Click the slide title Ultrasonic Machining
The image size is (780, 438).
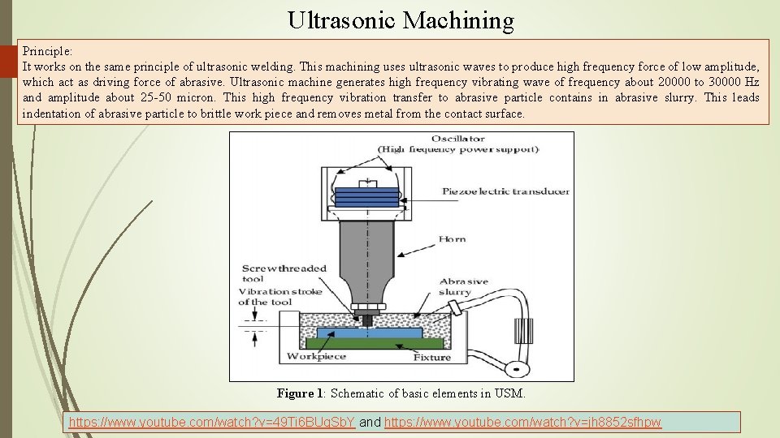pos(401,20)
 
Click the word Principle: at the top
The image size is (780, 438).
pos(48,50)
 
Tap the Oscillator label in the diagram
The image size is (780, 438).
pos(457,139)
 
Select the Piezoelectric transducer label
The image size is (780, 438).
pos(505,191)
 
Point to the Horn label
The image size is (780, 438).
pos(452,238)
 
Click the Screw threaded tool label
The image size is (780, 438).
pos(284,273)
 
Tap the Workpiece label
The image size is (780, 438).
pos(316,356)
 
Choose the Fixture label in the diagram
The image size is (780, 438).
pos(432,356)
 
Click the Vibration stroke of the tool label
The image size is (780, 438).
pos(279,296)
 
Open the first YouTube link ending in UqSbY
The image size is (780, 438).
pos(212,423)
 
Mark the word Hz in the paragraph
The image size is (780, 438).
pos(752,82)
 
